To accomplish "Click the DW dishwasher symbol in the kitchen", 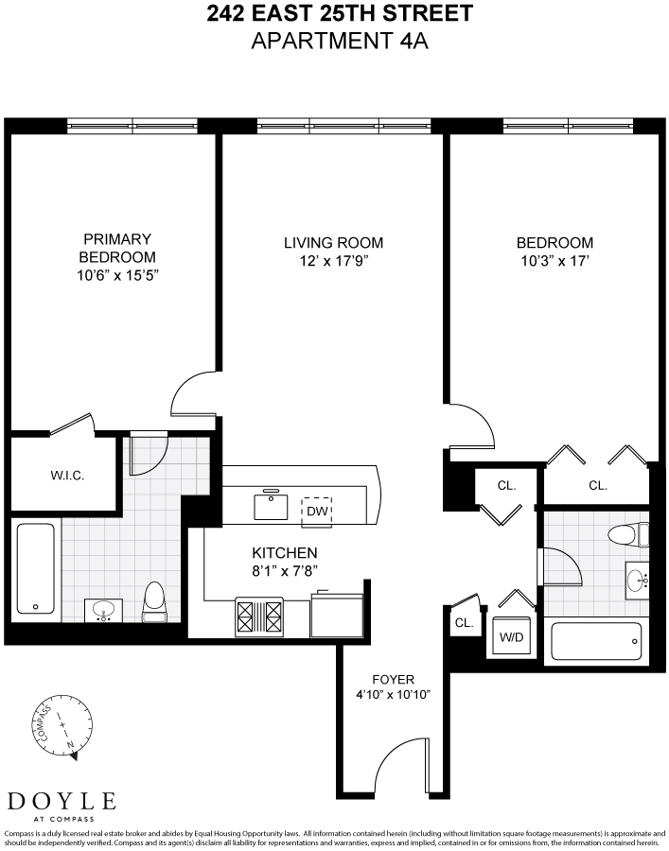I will (317, 510).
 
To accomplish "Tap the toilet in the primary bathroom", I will (155, 603).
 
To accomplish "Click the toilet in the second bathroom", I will (626, 534).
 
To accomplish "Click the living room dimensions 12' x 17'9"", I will (333, 261).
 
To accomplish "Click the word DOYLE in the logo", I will (62, 801).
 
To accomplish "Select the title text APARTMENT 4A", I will (340, 43).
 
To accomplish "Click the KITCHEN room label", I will (284, 552).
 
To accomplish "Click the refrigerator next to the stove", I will (337, 615).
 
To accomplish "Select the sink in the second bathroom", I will (636, 577).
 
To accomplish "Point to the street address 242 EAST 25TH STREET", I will (340, 15).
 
